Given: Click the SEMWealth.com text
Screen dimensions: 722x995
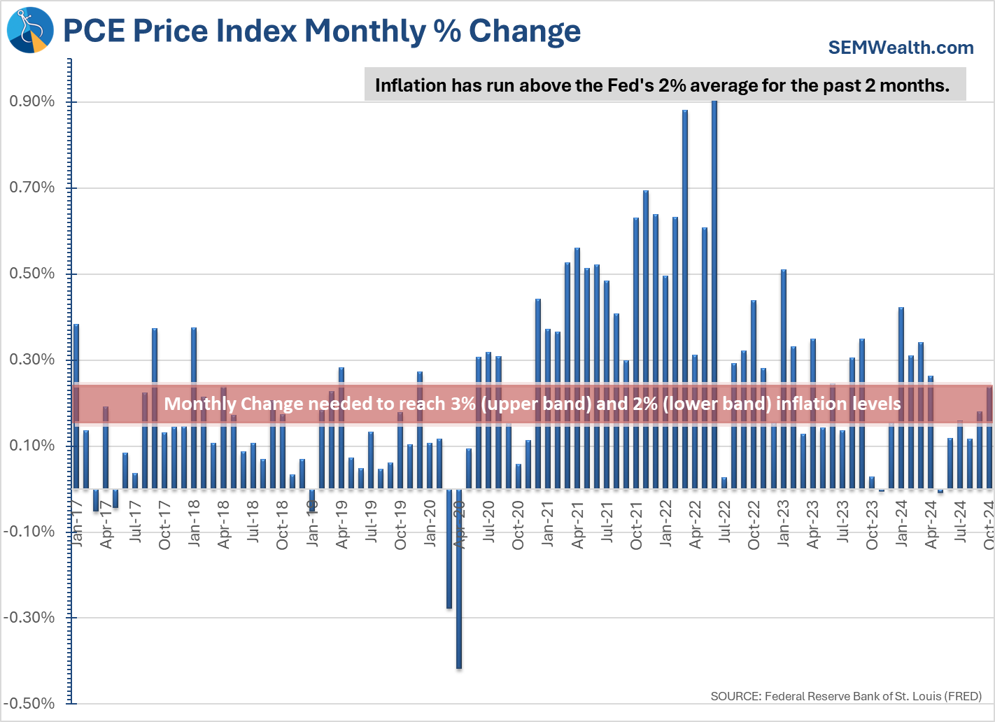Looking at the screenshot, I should (901, 48).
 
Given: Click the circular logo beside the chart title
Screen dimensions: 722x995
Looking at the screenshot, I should (30, 30).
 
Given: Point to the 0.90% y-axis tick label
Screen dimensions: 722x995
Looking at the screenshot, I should (32, 101).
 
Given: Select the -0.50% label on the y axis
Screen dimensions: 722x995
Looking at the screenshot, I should (29, 704).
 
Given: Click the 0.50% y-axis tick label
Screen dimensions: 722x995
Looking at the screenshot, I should (32, 274).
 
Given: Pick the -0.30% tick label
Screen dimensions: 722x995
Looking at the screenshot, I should (29, 618).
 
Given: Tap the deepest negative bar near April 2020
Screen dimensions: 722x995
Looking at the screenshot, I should (459, 581).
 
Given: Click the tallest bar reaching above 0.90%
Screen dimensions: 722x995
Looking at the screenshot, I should (714, 294).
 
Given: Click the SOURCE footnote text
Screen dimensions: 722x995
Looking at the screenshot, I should (846, 696).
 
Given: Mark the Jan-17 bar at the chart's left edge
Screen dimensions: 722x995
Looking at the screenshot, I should (76, 406).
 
